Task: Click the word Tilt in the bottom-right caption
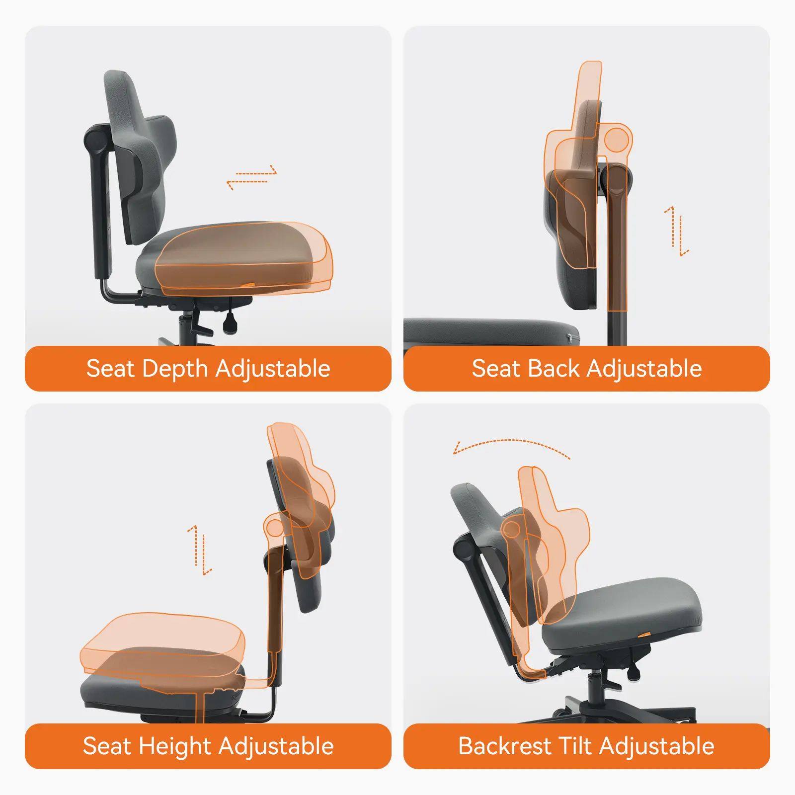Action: point(577,746)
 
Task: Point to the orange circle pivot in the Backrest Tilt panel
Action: point(511,529)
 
